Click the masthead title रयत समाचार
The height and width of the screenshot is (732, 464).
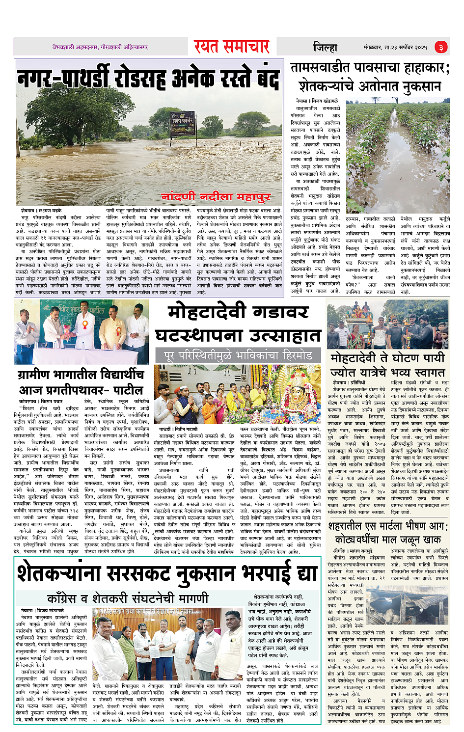coord(231,47)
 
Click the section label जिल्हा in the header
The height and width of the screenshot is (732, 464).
coord(325,47)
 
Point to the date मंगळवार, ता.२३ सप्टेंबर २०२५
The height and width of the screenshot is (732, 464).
coord(395,47)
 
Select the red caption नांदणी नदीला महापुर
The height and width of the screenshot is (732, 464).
coord(217,196)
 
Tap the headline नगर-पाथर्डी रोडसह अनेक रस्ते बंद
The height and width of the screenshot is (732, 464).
coord(149,79)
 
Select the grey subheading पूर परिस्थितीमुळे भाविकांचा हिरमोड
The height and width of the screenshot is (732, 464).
coord(238,354)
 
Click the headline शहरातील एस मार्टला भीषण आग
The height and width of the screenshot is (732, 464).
coord(388,526)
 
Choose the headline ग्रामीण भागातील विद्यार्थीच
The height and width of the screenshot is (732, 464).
coord(81,375)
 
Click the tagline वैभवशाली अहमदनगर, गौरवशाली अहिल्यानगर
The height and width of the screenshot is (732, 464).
coord(100,47)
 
